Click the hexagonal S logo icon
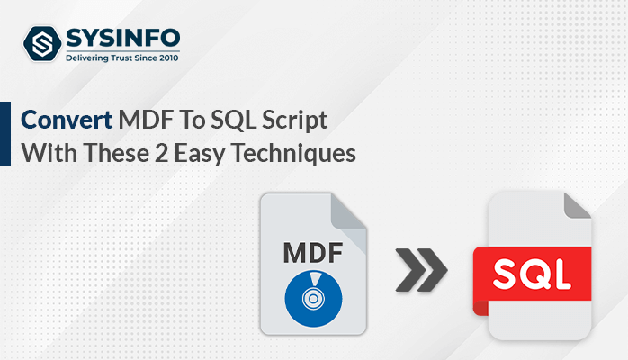coord(42,43)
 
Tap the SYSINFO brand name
coord(123,39)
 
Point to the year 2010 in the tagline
coord(168,58)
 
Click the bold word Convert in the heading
coord(67,120)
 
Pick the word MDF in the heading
coord(146,120)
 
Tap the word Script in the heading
coord(294,121)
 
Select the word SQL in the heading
coord(234,121)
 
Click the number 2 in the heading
coord(161,154)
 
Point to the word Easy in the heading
coord(199,155)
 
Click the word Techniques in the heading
coord(293,154)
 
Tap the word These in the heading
coord(117,153)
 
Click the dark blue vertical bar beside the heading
coord(5,134)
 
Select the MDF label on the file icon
coord(313,253)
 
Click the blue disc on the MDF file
coord(313,299)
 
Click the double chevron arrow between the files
coord(421,269)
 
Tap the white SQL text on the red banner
coord(532,274)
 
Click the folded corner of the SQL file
coord(578,206)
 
